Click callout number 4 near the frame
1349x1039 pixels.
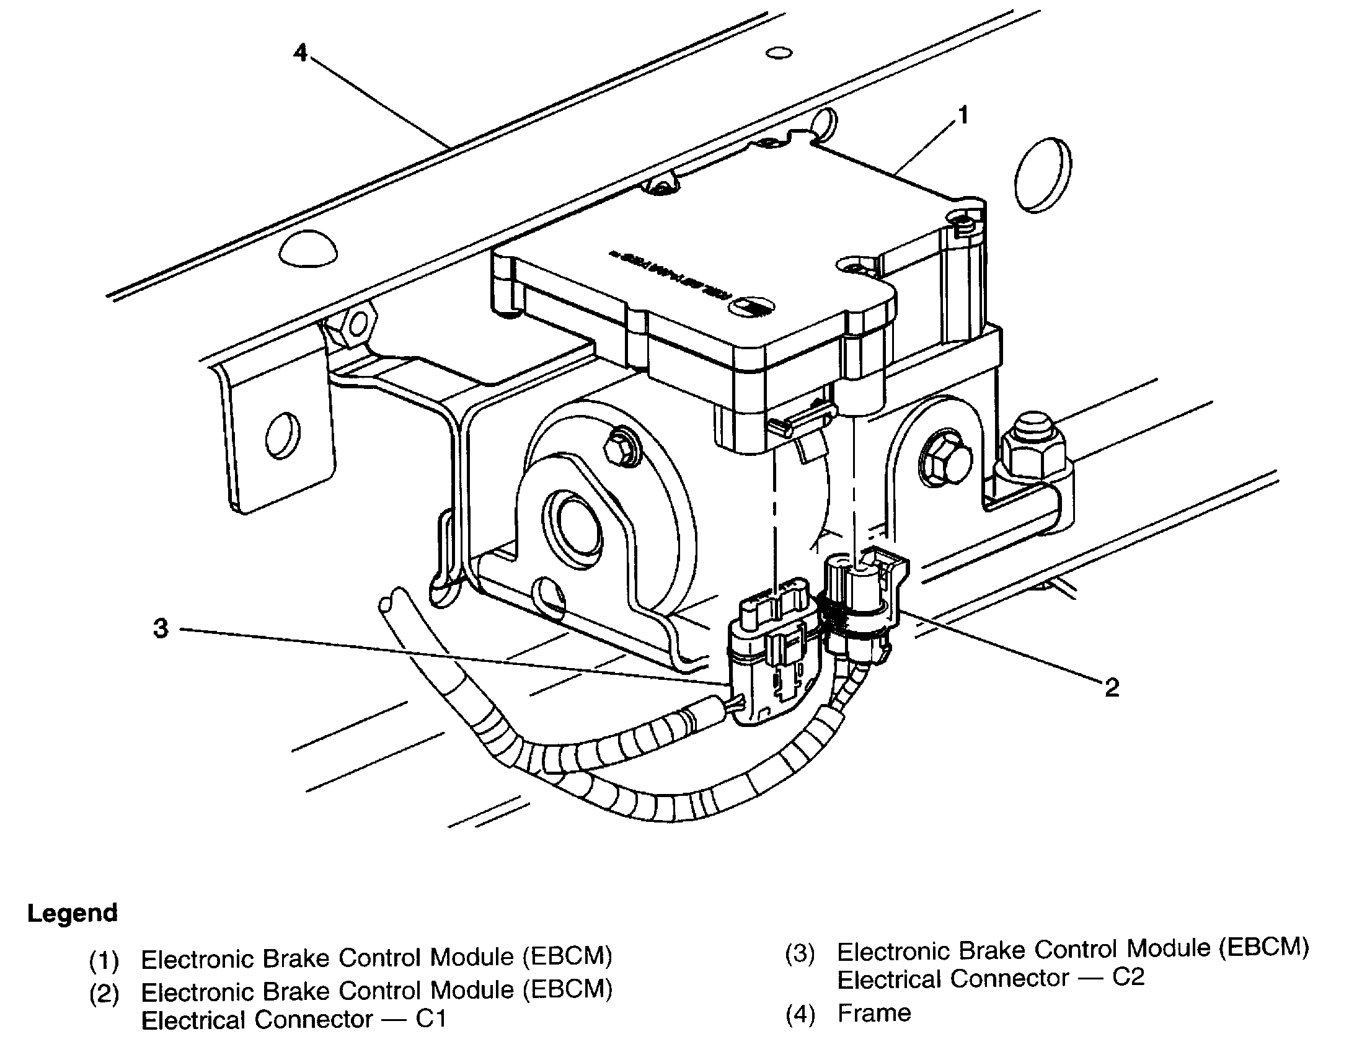300,53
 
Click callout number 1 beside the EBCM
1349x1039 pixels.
963,115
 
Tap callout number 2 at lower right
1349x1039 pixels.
1112,687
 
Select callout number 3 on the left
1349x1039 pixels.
161,628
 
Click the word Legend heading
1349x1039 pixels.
73,913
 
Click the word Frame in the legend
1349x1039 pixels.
874,1013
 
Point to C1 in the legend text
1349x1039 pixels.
431,1019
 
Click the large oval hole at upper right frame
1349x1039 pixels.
1045,176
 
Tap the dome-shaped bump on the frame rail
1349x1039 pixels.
308,248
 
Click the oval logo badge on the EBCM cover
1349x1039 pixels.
751,306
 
